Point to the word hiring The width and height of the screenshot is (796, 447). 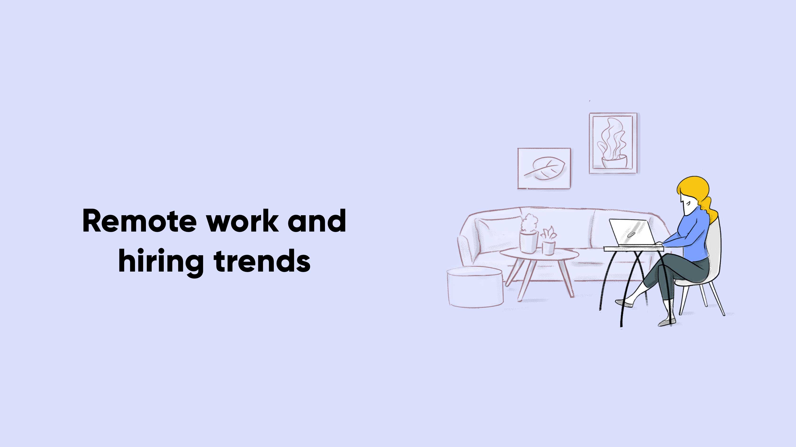[161, 263]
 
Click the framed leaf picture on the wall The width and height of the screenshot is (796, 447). [544, 168]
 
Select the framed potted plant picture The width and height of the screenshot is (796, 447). [613, 143]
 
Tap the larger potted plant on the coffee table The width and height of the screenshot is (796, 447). [529, 234]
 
